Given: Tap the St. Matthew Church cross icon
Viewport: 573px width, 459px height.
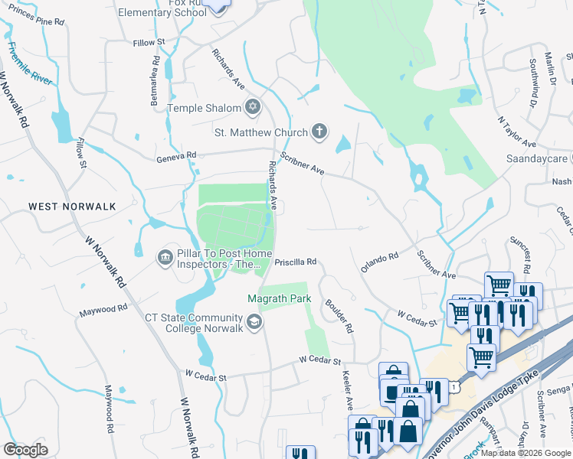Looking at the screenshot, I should pos(319,132).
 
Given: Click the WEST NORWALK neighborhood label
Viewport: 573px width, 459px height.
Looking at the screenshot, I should pos(72,207).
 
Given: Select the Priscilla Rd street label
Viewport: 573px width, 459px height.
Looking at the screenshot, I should pos(296,262).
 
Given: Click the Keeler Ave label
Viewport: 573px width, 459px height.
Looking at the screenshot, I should pos(347,389).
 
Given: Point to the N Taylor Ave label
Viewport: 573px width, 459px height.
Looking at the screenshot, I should pos(516,132).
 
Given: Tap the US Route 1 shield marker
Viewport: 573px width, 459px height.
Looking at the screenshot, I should pos(455,389).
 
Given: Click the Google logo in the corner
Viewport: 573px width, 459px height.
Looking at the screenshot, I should pos(26,450).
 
